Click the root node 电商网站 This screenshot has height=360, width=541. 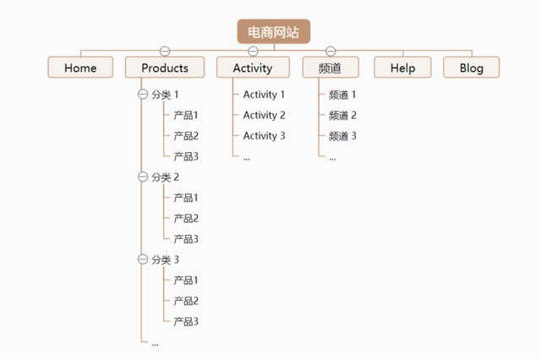[273, 31]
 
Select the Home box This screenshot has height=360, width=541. [80, 68]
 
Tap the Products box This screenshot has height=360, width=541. [165, 68]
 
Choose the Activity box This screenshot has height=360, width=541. [253, 68]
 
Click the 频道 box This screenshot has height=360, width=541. [331, 68]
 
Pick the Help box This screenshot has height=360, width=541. [402, 68]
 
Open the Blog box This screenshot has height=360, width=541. [471, 68]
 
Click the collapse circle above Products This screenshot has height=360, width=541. [165, 51]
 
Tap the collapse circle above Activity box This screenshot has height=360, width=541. [253, 51]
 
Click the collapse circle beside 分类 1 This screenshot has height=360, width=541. [142, 95]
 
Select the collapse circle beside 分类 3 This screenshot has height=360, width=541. [142, 259]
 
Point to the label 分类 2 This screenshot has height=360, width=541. [166, 177]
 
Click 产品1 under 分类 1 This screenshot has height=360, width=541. [186, 115]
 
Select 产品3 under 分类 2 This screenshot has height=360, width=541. [186, 239]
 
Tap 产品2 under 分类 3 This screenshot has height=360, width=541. [186, 301]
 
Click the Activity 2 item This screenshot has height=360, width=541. [264, 115]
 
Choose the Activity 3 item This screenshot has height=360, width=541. [264, 136]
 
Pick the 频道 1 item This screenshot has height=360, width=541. [342, 95]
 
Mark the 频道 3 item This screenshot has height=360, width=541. [342, 136]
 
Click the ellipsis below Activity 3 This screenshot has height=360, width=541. [247, 156]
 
